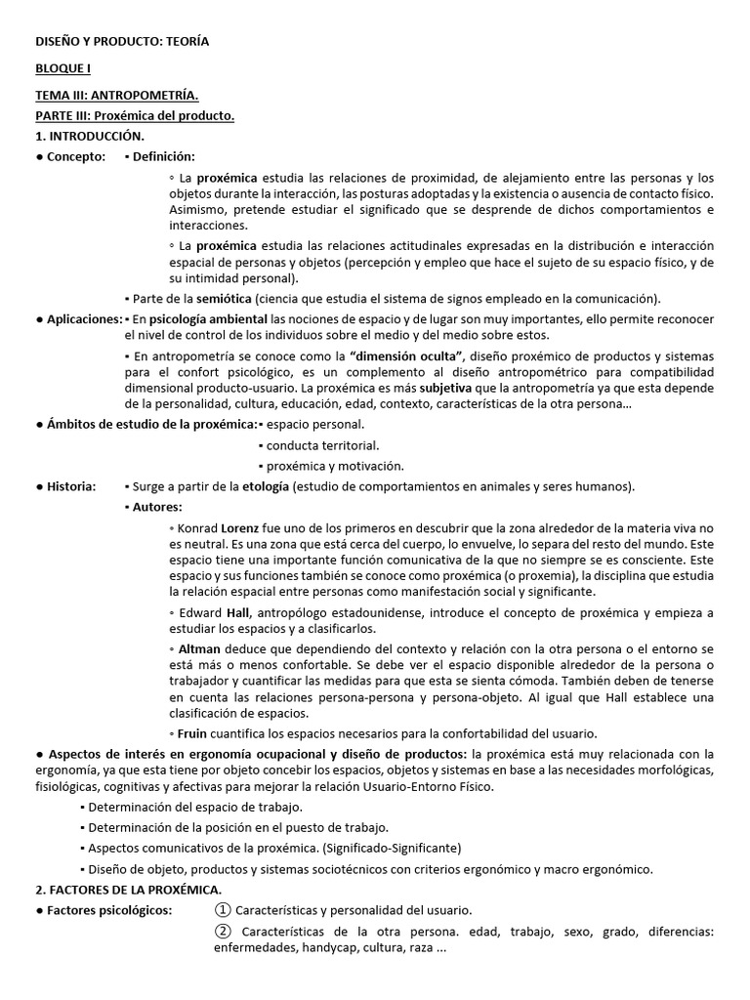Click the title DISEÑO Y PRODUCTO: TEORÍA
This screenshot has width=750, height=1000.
point(122,42)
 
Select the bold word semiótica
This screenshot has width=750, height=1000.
point(225,298)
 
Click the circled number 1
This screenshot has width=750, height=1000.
point(222,909)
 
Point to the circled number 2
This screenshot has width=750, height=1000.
point(222,930)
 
